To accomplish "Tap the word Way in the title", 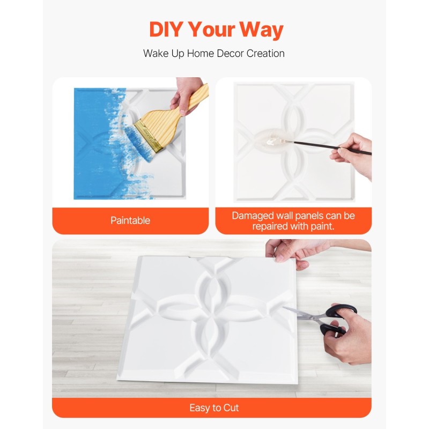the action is (261, 30).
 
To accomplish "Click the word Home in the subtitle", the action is (200, 53).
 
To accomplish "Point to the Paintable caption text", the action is (130, 220).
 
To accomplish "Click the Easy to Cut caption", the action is (214, 408).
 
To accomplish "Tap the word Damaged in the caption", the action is (253, 216).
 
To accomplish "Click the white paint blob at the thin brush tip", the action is (271, 142).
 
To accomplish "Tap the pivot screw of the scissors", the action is (312, 317).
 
